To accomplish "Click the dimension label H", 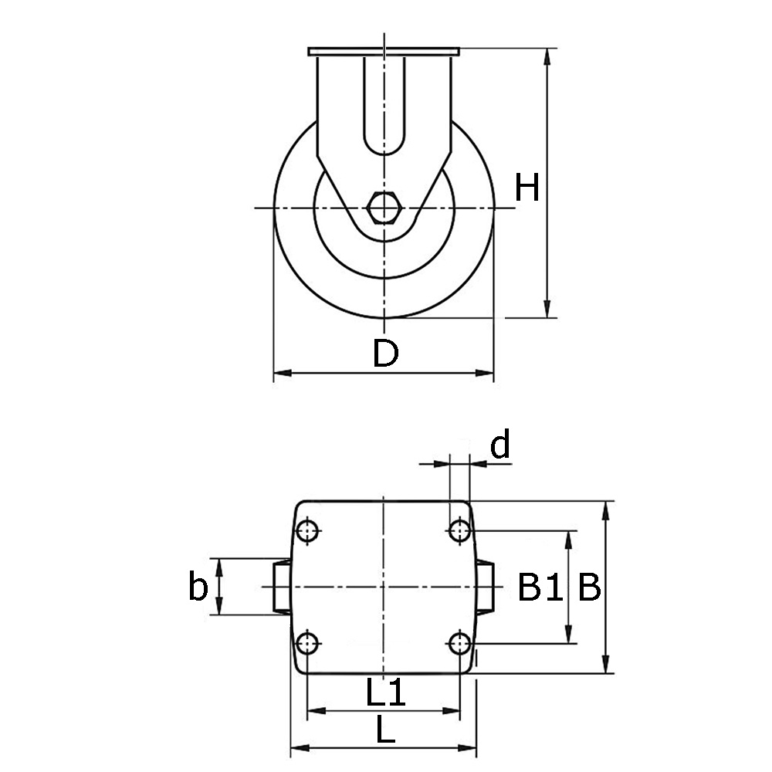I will [x=527, y=188].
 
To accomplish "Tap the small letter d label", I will [x=501, y=446].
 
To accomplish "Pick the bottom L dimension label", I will [x=385, y=730].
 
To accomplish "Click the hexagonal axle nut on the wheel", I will [x=383, y=208].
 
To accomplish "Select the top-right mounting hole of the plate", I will [x=460, y=531].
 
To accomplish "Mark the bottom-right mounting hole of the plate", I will [x=460, y=643].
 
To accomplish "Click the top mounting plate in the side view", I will [x=384, y=52].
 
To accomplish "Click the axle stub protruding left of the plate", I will [x=282, y=587].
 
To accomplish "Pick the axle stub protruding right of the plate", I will [x=485, y=587].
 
